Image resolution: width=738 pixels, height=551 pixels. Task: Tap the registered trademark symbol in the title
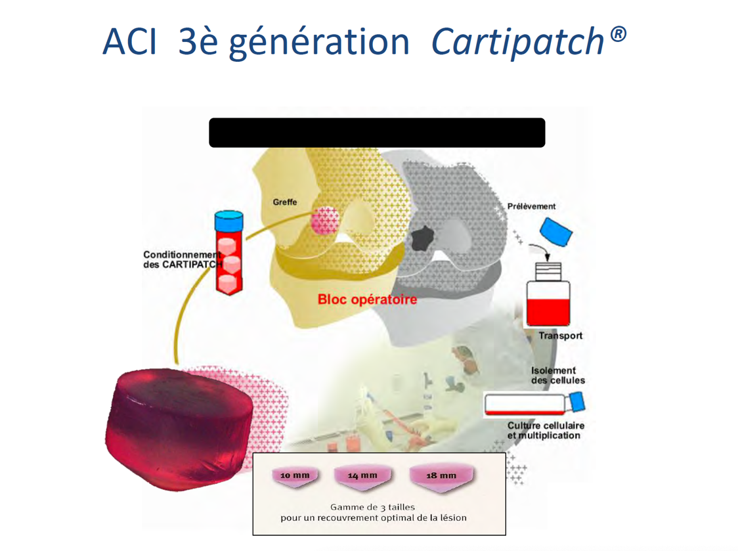pyautogui.click(x=618, y=34)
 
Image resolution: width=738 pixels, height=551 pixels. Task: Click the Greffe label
pyautogui.click(x=285, y=202)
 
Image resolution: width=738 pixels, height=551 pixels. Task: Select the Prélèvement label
pyautogui.click(x=531, y=206)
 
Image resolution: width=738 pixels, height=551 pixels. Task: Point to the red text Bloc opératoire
pyautogui.click(x=367, y=299)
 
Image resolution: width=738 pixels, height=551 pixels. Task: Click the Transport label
pyautogui.click(x=561, y=336)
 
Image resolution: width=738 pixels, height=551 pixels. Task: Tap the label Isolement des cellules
pyautogui.click(x=558, y=376)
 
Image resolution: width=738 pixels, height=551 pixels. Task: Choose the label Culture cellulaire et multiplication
pyautogui.click(x=546, y=430)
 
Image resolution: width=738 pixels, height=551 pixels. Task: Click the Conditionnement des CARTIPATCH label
pyautogui.click(x=183, y=259)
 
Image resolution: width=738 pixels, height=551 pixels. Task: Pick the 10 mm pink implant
pyautogui.click(x=295, y=477)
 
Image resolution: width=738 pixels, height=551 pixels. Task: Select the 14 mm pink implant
pyautogui.click(x=362, y=478)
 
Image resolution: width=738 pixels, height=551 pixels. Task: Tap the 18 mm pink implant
pyautogui.click(x=441, y=479)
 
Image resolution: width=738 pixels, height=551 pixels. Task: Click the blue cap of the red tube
pyautogui.click(x=228, y=221)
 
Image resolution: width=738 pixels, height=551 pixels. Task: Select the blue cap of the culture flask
pyautogui.click(x=577, y=403)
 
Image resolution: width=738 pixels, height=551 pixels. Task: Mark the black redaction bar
pyautogui.click(x=377, y=133)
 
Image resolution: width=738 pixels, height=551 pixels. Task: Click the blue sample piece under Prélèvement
pyautogui.click(x=556, y=232)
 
